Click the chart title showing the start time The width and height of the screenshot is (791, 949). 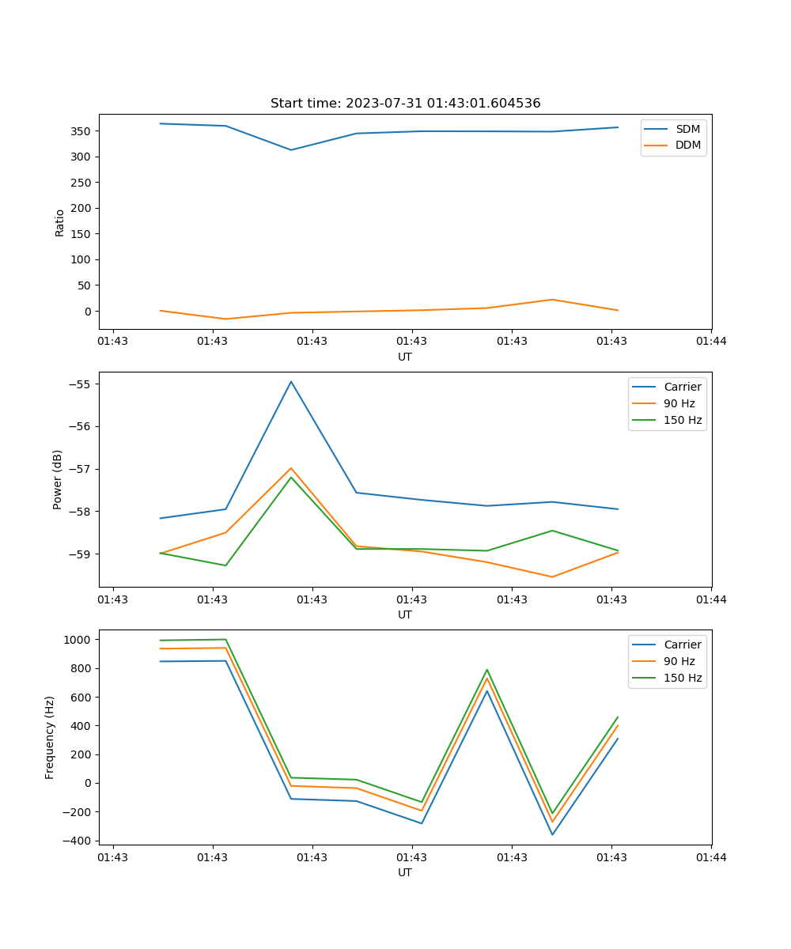click(405, 104)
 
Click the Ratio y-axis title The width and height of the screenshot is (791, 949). click(60, 223)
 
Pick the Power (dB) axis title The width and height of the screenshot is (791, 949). click(58, 479)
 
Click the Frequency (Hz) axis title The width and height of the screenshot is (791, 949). click(50, 737)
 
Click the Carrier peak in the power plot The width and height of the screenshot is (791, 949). click(291, 381)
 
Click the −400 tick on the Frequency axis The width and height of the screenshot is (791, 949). click(78, 841)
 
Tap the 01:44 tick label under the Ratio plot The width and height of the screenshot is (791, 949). click(710, 342)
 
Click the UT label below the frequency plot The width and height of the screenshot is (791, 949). click(405, 872)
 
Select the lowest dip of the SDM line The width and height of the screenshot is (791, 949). click(291, 149)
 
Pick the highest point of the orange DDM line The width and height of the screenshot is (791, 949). click(552, 300)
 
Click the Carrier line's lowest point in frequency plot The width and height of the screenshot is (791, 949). click(552, 834)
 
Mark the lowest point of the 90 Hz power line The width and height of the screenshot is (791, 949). click(552, 577)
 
